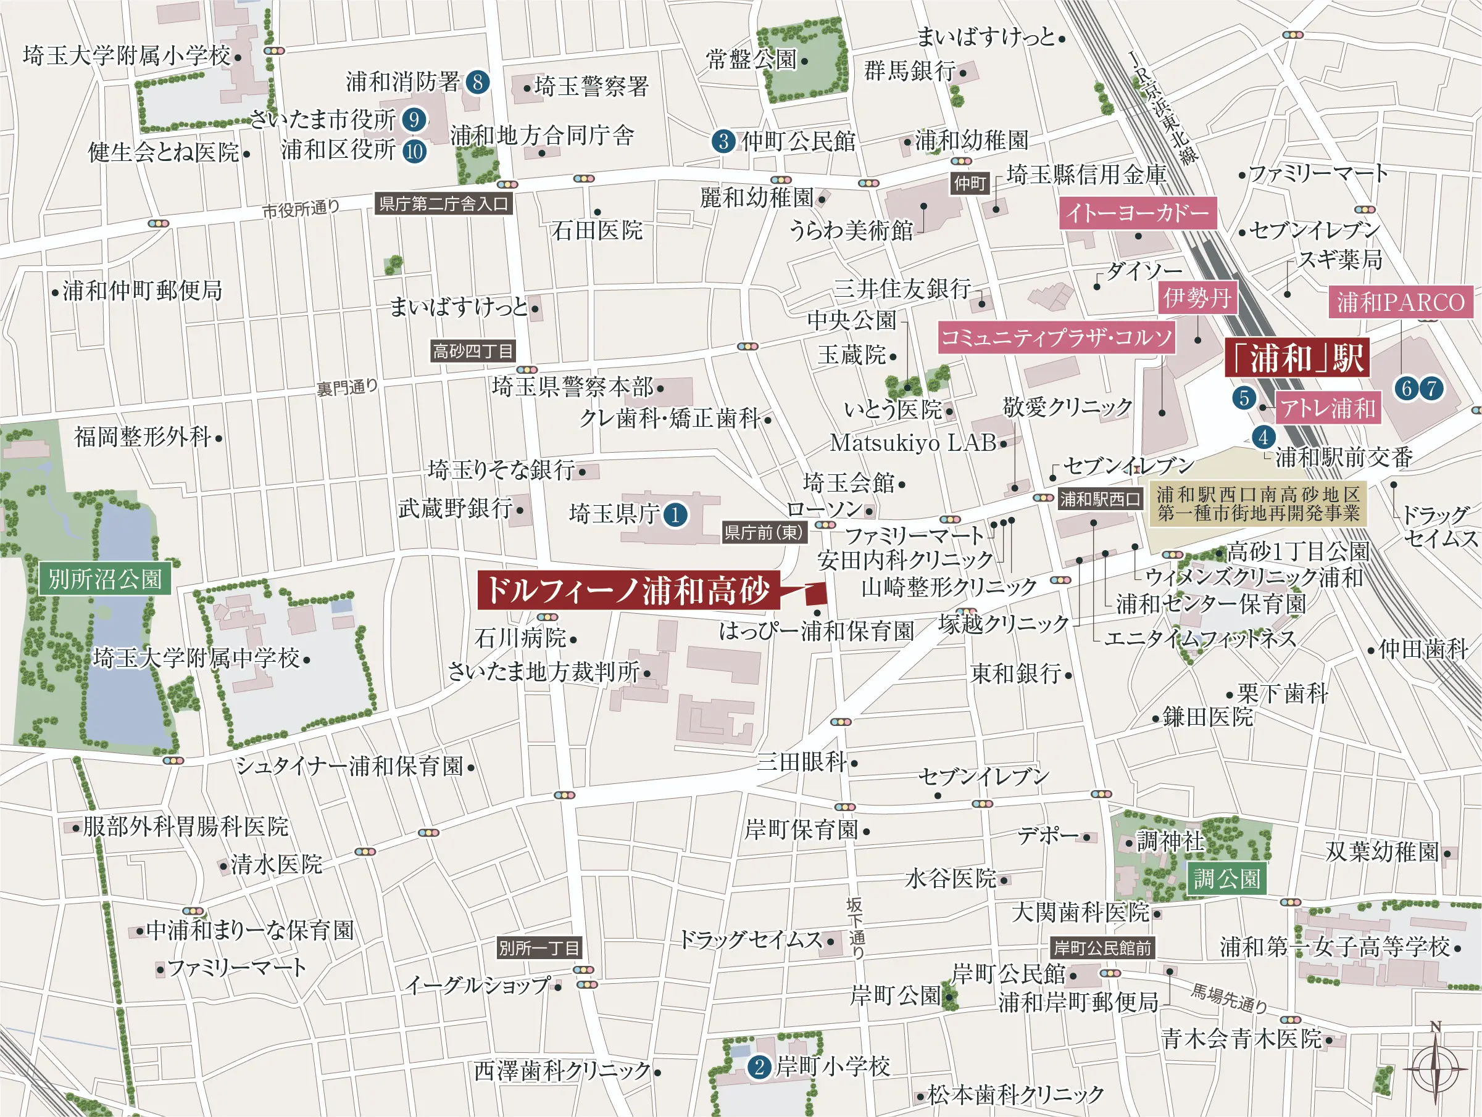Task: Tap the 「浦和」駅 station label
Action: point(1296,358)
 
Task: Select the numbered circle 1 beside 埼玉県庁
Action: point(675,514)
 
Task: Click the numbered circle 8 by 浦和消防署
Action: point(477,83)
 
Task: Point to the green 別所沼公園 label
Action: point(105,579)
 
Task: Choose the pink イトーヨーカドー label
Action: point(1137,213)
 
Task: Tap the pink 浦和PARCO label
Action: point(1401,302)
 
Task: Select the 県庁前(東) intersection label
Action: point(763,532)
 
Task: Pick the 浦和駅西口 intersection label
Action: point(1099,499)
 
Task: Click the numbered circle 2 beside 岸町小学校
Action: point(759,1067)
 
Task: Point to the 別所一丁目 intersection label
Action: point(539,947)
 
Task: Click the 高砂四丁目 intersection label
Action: point(473,351)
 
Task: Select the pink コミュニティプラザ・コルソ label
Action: point(1056,337)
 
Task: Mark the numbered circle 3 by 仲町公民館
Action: point(723,141)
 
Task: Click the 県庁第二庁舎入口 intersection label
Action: point(444,204)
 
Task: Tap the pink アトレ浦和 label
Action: point(1327,408)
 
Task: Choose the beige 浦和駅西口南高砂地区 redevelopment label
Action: point(1257,503)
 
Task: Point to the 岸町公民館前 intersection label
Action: point(1102,947)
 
